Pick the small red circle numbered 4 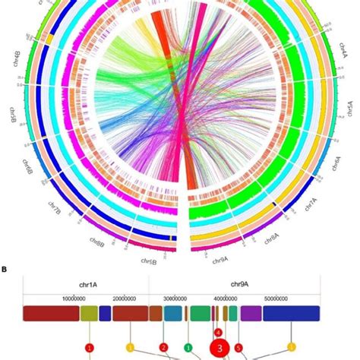pos(218,332)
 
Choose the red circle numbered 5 pos(239,348)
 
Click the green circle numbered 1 pos(188,347)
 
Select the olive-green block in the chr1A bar pos(89,314)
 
